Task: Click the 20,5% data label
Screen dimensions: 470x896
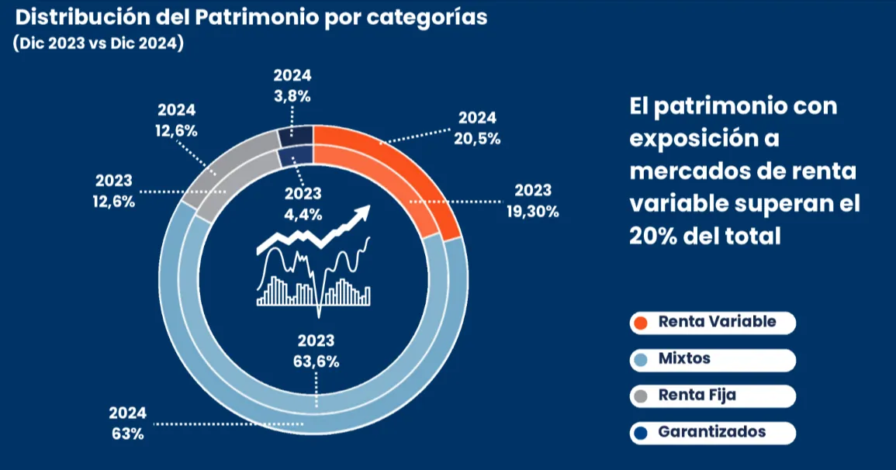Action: pyautogui.click(x=478, y=139)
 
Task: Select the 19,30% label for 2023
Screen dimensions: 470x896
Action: pyautogui.click(x=533, y=210)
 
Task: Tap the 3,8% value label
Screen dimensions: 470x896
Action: pyautogui.click(x=292, y=96)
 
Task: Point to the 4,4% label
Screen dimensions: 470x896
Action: pyautogui.click(x=302, y=214)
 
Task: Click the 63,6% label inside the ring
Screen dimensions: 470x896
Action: pyautogui.click(x=316, y=361)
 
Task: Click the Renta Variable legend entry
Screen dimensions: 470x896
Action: pyautogui.click(x=713, y=322)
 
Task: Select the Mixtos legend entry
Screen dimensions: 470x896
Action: pyautogui.click(x=713, y=359)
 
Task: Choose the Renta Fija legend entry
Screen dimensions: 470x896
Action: pyautogui.click(x=713, y=396)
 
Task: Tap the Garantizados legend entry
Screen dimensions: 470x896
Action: pyautogui.click(x=713, y=432)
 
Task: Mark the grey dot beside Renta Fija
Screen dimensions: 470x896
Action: pyautogui.click(x=641, y=396)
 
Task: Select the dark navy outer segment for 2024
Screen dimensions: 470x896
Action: pyautogui.click(x=296, y=136)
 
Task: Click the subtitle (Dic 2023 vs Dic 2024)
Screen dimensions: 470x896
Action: pyautogui.click(x=98, y=43)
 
